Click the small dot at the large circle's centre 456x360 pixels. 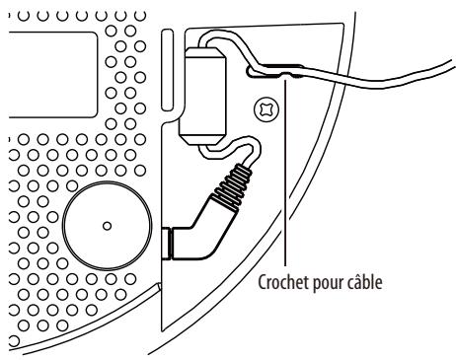tap(107, 224)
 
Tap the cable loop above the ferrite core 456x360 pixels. tap(212, 39)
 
